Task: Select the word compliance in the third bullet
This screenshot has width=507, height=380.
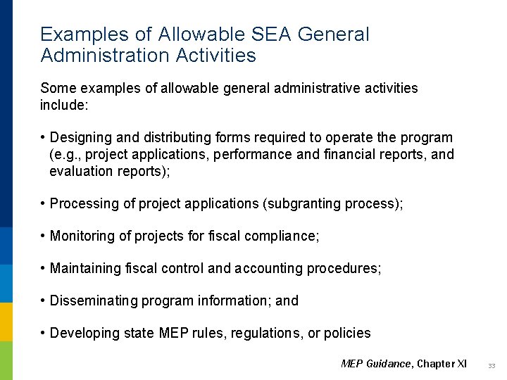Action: pyautogui.click(x=281, y=236)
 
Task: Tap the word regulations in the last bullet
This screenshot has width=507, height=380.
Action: pyautogui.click(x=268, y=334)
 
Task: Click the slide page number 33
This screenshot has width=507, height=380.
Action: pyautogui.click(x=492, y=365)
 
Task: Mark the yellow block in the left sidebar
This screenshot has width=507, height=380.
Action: pyautogui.click(x=6, y=322)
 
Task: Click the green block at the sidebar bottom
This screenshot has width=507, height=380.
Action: pyautogui.click(x=6, y=360)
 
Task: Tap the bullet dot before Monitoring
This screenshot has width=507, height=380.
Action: pyautogui.click(x=43, y=236)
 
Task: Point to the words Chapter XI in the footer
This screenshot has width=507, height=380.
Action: pyautogui.click(x=442, y=364)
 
